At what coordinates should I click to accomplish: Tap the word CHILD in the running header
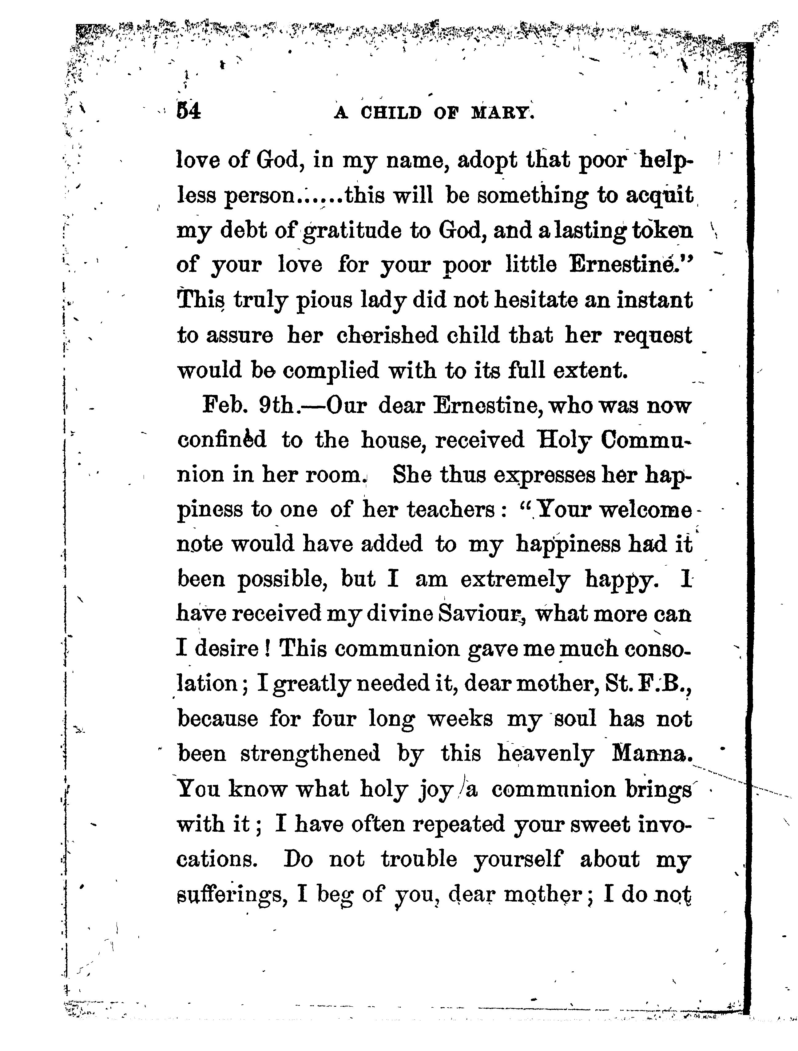click(391, 113)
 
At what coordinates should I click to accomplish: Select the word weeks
click(460, 719)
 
